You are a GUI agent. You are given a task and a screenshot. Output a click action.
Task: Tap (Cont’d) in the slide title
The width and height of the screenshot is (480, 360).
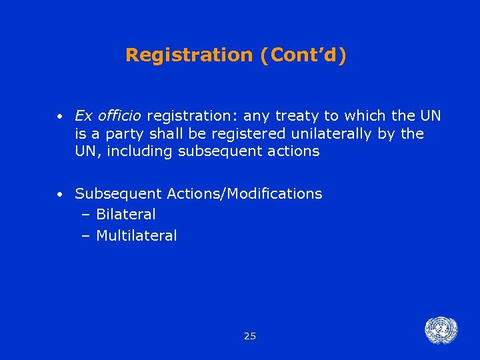pos(304,55)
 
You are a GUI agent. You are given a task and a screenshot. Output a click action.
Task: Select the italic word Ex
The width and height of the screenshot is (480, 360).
pos(84,116)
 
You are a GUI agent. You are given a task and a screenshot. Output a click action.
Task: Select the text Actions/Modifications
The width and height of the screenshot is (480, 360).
pos(245,194)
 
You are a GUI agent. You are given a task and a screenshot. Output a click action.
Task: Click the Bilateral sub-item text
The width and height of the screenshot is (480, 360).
pos(126,215)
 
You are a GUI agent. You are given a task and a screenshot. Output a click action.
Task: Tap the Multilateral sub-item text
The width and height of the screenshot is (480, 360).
pos(137,235)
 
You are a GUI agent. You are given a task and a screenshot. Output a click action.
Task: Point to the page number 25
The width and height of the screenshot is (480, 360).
pos(250,336)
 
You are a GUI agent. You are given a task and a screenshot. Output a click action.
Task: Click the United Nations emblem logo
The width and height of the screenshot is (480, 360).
pos(441,331)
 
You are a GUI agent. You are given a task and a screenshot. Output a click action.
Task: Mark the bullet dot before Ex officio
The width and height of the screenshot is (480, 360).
pos(60,117)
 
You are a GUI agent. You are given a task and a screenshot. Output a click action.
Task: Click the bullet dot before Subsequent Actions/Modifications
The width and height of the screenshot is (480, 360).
pos(60,195)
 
